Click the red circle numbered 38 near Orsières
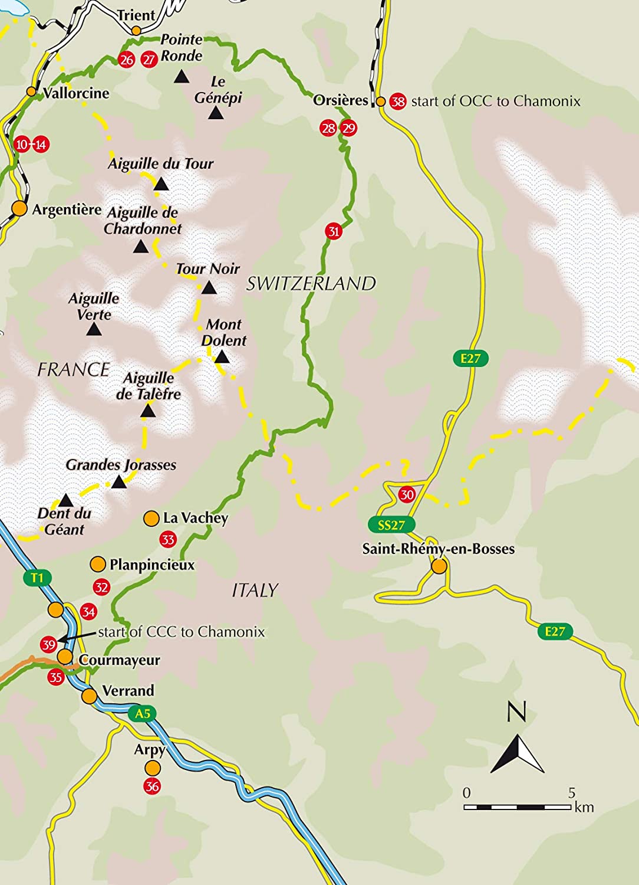[398, 101]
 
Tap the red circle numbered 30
[407, 494]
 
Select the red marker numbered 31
[334, 231]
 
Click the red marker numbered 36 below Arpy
[152, 786]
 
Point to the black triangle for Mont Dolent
[222, 357]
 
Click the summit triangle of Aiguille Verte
[94, 330]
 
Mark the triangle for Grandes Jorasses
[119, 483]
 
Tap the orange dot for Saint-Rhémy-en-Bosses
[439, 566]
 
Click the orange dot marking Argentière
[20, 209]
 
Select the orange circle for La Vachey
[151, 518]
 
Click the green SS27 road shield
[391, 525]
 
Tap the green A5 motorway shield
[143, 714]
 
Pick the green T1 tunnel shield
[37, 578]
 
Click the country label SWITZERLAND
[311, 284]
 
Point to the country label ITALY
[255, 590]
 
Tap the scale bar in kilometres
[517, 807]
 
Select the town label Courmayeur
[120, 660]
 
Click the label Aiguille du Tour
[160, 163]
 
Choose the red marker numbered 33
[168, 539]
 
